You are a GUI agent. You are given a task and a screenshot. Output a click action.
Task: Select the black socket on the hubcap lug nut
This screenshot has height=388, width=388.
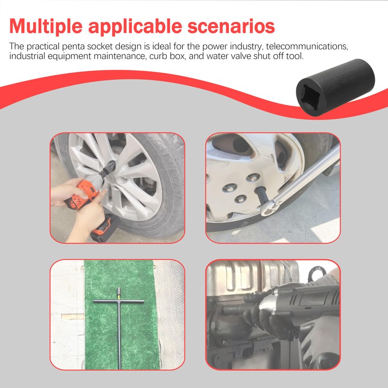[260, 194]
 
